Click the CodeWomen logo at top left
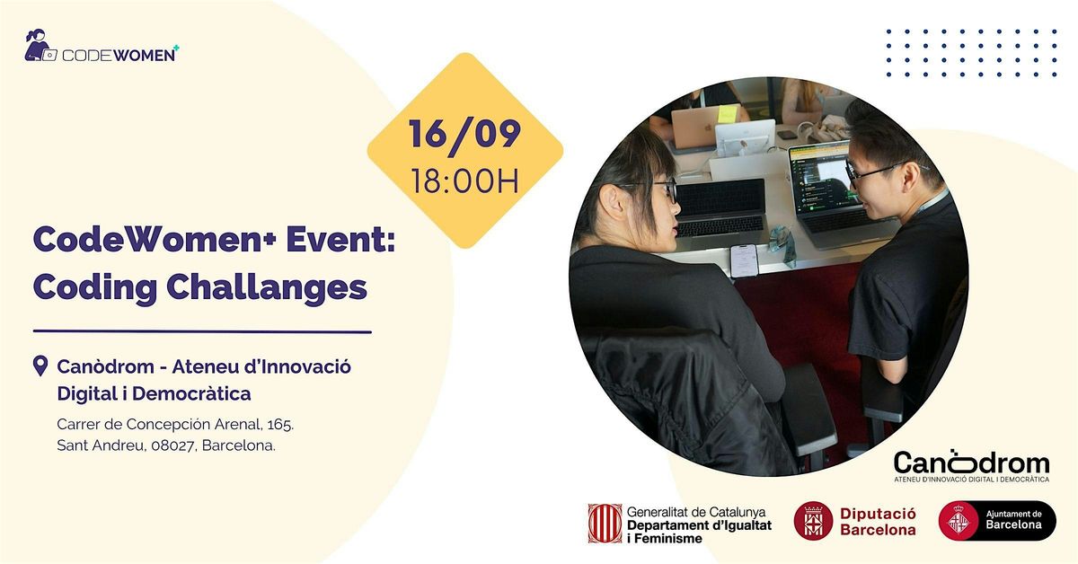pos(102,46)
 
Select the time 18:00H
pos(465,181)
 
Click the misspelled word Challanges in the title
pos(267,288)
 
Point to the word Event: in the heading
pos(340,239)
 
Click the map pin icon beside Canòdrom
pos(40,366)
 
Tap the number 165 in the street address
pos(280,425)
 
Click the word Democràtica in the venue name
pos(191,393)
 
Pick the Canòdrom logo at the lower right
pos(972,466)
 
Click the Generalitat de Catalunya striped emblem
pos(605,524)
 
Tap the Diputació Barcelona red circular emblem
pos(813,521)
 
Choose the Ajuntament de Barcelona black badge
pos(997,521)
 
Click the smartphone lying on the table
pos(744,260)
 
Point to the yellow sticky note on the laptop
pos(727,114)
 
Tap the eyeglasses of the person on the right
pos(871,172)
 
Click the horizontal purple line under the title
pos(202,331)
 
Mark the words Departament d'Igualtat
pos(699,525)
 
